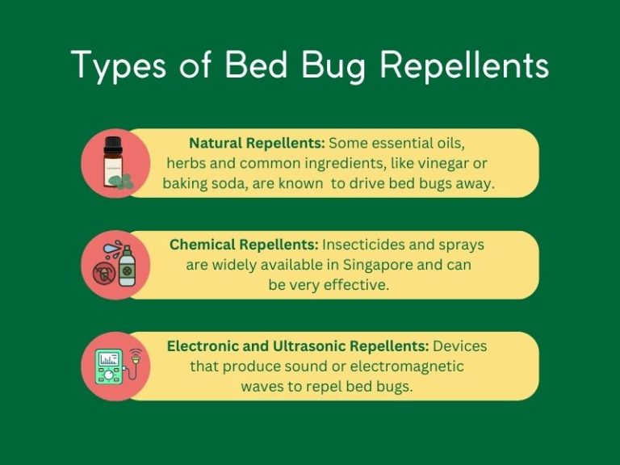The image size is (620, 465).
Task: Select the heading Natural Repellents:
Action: click(257, 143)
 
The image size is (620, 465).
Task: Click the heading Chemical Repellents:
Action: click(244, 245)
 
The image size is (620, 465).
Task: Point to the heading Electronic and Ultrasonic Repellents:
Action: click(298, 346)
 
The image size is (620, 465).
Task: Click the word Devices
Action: click(460, 346)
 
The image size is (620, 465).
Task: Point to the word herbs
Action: click(184, 163)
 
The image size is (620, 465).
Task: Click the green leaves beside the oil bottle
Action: click(128, 182)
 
